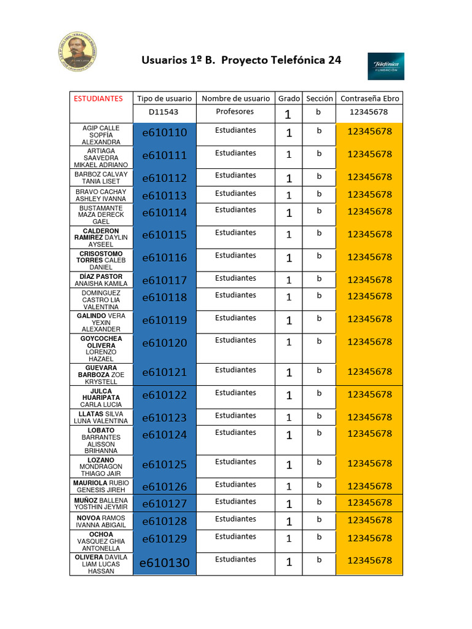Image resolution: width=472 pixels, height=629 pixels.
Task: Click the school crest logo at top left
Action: point(77,51)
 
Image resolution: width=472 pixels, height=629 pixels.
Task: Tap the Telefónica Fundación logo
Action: point(385,66)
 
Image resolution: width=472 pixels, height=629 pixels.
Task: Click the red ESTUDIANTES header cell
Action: point(98,98)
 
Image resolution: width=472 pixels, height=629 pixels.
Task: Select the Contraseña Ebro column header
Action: point(369,98)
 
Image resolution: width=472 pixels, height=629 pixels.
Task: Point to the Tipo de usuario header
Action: point(164,98)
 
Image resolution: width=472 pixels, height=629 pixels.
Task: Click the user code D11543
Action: point(164,112)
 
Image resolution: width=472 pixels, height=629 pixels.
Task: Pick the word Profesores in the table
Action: point(235,112)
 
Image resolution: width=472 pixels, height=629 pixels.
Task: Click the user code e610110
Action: point(164,133)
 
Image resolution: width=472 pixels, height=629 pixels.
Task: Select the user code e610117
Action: point(164,281)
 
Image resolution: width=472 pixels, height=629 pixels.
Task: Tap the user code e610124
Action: point(164,435)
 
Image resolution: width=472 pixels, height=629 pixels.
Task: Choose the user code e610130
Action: point(164,563)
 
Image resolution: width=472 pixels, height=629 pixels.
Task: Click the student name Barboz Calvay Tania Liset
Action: point(101,178)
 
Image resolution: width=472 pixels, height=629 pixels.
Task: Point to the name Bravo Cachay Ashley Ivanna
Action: point(101,195)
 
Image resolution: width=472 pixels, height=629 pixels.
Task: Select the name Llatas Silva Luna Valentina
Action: point(101,418)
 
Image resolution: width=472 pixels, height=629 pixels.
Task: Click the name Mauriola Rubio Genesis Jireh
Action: point(101,486)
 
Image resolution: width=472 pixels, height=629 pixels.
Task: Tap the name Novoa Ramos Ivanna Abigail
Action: point(101,522)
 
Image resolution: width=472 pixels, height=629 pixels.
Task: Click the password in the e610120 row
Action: point(369,342)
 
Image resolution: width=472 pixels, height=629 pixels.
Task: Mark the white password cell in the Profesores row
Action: point(369,112)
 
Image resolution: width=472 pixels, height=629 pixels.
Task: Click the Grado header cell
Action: point(289,98)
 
